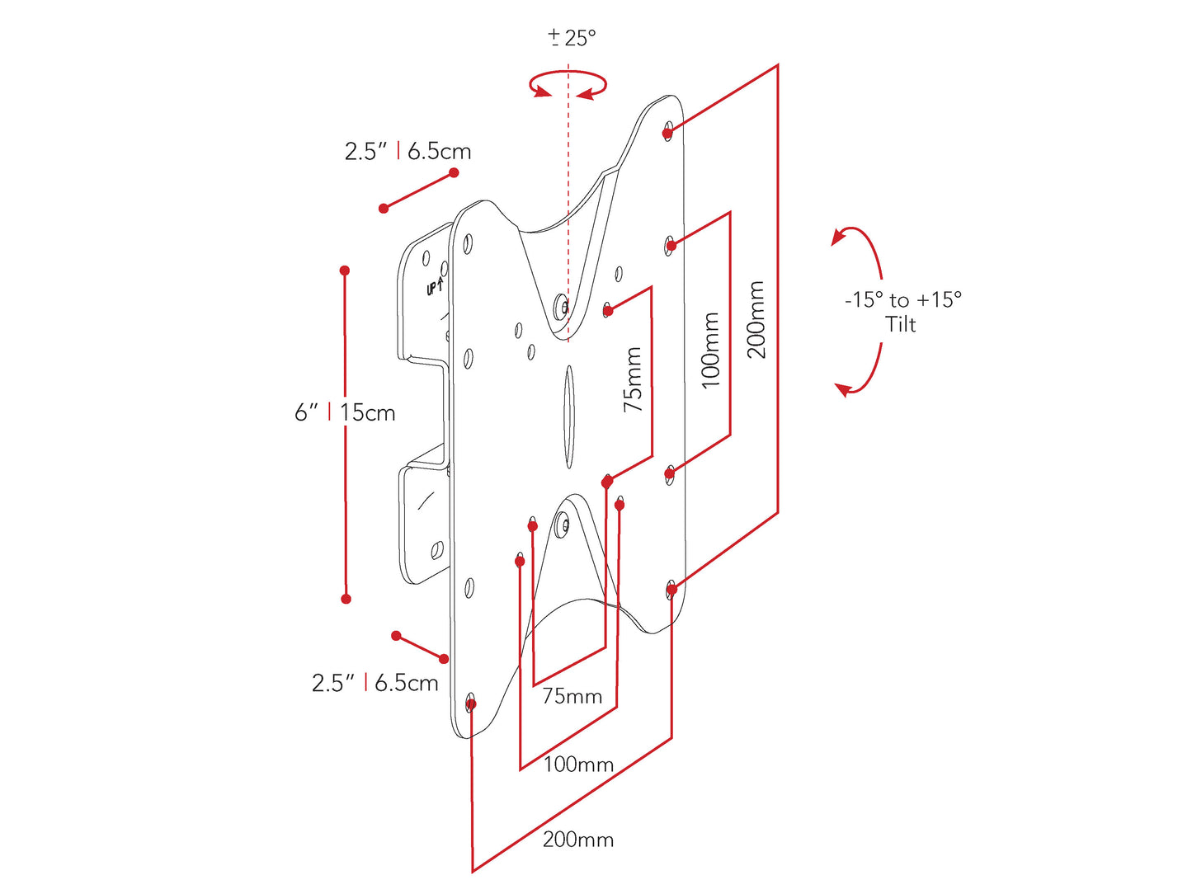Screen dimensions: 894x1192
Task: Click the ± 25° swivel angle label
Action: click(572, 38)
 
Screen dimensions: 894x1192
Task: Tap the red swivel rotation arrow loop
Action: click(568, 85)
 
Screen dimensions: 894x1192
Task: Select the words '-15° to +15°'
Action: click(902, 299)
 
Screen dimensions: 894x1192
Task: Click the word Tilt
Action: click(900, 325)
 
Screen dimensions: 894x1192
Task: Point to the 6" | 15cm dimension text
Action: click(345, 412)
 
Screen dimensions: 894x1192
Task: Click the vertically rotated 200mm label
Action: click(756, 320)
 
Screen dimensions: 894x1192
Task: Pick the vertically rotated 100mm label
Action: click(710, 350)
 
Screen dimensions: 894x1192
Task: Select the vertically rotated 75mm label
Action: click(633, 380)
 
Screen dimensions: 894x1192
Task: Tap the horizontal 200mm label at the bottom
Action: click(577, 840)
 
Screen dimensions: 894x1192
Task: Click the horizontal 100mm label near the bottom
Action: click(577, 765)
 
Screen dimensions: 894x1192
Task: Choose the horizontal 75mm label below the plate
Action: click(572, 696)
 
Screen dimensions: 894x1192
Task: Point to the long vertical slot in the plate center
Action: click(568, 416)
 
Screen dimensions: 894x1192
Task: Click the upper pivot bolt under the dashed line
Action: click(562, 305)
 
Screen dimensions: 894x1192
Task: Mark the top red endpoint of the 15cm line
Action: click(345, 271)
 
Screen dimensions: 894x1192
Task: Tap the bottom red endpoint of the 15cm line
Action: click(346, 599)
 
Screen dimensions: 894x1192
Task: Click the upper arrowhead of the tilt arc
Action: click(838, 238)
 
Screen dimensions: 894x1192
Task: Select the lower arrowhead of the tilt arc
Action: click(842, 388)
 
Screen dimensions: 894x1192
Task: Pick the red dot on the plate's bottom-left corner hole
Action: click(471, 704)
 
